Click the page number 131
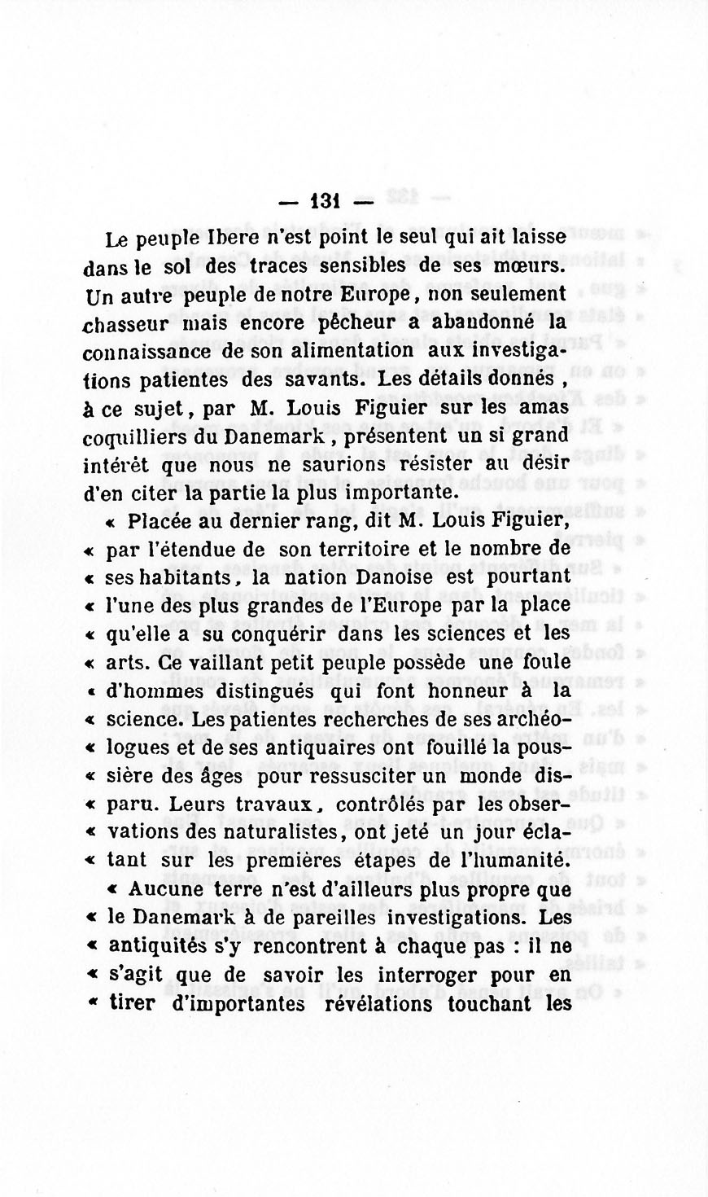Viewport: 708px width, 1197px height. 325,201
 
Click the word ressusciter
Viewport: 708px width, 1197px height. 378,775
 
